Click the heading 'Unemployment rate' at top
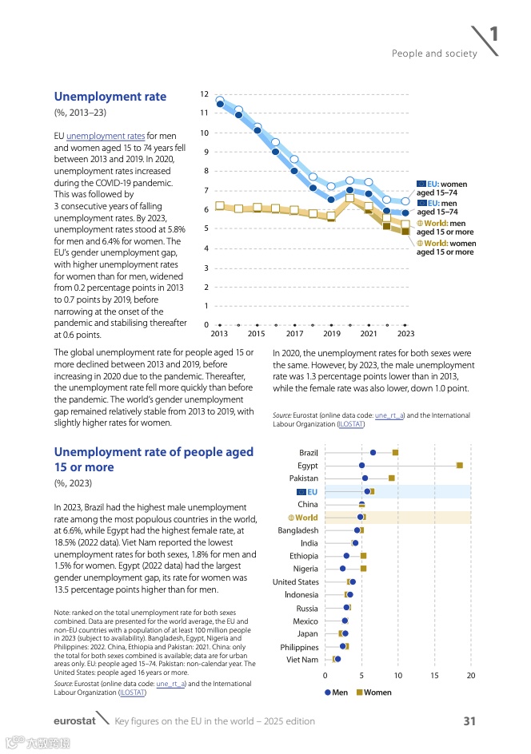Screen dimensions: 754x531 pos(110,97)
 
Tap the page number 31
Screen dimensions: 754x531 pos(469,721)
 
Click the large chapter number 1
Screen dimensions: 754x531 pos(494,34)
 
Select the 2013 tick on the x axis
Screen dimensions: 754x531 pos(219,334)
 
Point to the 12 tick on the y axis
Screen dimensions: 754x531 pos(205,95)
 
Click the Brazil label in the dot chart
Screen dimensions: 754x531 pos(309,453)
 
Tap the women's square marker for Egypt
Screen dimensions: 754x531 pos(459,466)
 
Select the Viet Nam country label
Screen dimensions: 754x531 pos(302,660)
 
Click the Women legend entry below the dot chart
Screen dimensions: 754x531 pos(373,692)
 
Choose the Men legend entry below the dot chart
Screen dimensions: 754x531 pos(336,692)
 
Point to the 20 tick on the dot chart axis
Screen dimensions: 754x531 pos(471,676)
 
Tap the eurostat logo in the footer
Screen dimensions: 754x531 pos(74,721)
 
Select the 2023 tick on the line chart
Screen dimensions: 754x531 pos(405,334)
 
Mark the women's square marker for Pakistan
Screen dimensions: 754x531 pos(392,478)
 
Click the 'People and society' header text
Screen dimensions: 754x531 pos(434,54)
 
